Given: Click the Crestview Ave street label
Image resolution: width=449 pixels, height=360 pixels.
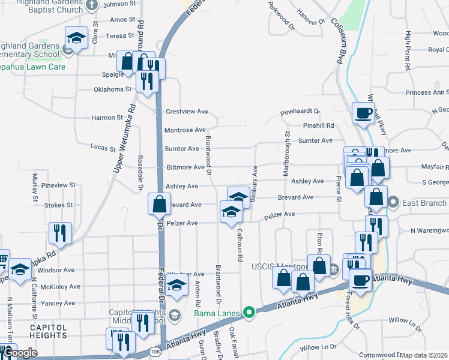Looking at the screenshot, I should click(x=186, y=112).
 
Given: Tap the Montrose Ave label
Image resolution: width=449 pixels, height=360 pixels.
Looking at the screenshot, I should click(x=185, y=130).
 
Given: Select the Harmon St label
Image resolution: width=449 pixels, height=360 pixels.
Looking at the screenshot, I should click(x=107, y=118).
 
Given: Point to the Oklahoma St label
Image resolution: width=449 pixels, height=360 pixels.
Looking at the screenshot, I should click(x=112, y=89).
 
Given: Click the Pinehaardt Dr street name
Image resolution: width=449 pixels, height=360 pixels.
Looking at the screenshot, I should click(x=301, y=112).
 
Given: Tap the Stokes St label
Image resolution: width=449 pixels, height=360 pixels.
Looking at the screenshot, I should click(x=58, y=205).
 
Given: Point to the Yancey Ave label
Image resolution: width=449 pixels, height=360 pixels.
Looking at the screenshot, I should click(x=58, y=304).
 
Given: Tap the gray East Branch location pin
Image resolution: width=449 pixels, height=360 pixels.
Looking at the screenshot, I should click(x=394, y=202).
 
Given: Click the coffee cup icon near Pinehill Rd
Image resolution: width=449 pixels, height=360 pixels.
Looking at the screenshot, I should click(x=364, y=113).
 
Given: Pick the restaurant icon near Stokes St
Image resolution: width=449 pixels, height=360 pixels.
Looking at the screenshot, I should click(x=60, y=233).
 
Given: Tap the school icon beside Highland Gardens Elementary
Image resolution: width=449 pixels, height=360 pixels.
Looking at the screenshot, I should click(x=76, y=38).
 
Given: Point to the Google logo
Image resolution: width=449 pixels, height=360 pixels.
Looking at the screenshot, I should click(x=19, y=353).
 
